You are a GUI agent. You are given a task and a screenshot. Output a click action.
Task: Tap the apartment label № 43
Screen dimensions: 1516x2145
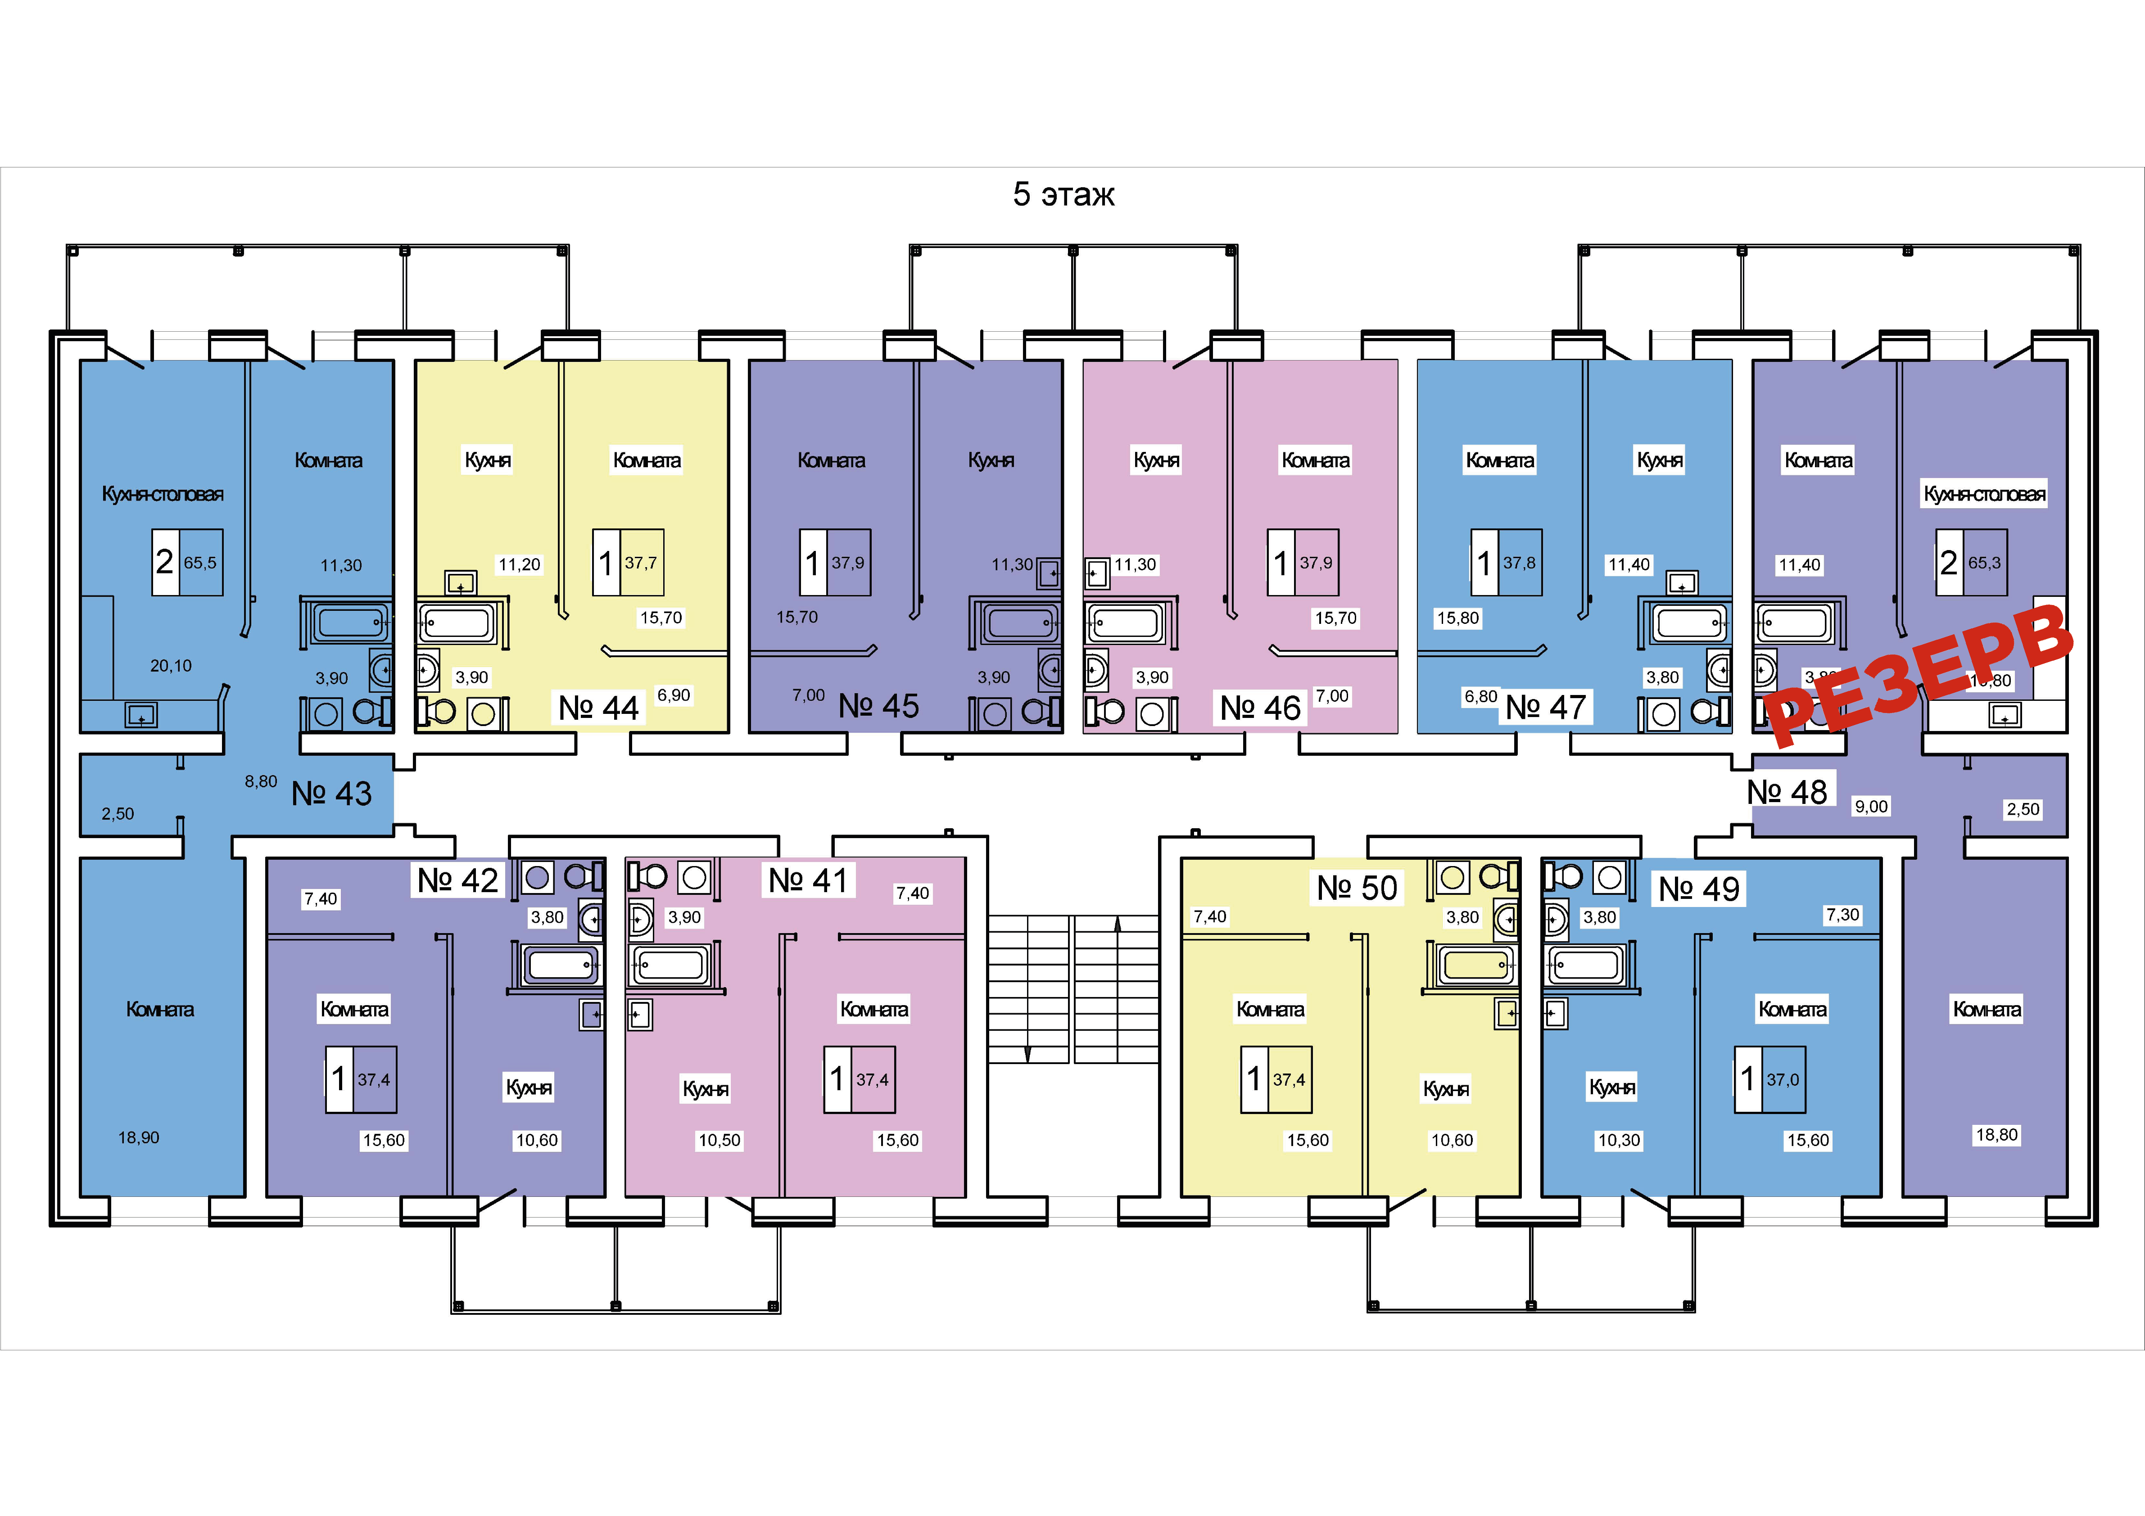point(332,794)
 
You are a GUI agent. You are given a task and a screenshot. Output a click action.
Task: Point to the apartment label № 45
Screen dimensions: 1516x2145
point(878,706)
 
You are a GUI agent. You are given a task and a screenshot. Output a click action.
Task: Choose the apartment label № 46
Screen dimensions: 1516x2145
point(1260,708)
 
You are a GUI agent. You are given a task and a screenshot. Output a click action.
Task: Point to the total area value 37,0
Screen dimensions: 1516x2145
point(1783,1080)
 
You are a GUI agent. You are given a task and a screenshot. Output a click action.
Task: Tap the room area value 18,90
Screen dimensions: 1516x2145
point(138,1138)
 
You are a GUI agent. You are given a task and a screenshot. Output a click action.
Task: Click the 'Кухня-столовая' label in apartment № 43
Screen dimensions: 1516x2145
point(163,494)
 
